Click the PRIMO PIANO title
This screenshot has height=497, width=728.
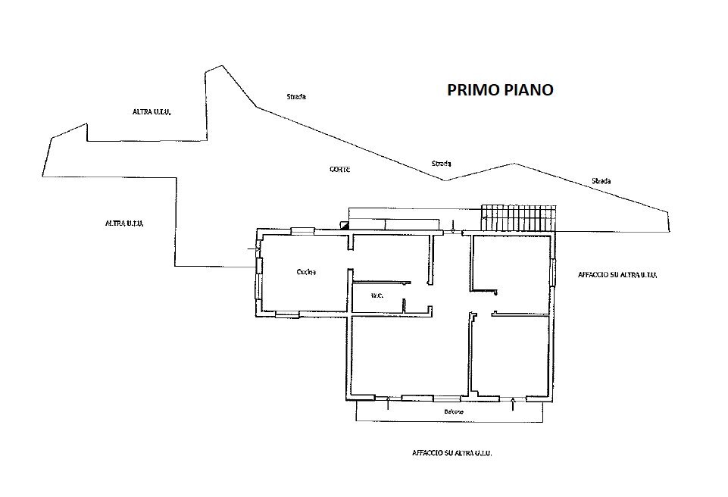coord(500,90)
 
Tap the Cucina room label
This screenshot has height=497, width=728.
coord(306,272)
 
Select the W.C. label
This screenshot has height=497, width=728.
coord(375,295)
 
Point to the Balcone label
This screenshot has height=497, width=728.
coord(455,412)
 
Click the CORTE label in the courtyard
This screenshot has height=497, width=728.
coord(339,170)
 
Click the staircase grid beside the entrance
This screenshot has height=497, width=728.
coord(519,217)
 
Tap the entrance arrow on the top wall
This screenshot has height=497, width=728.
coord(453,227)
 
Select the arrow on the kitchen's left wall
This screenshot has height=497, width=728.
coord(253,248)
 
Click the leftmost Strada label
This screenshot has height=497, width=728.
coord(296,97)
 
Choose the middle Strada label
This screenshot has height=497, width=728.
coord(441,164)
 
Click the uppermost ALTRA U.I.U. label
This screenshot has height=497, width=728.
coord(152,112)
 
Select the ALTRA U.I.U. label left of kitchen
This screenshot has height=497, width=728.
coord(125,223)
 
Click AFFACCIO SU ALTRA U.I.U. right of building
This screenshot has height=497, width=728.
coord(617,275)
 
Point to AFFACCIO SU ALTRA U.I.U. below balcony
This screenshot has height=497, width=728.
coord(452,453)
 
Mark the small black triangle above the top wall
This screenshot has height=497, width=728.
coord(345,224)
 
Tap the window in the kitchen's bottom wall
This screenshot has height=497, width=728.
coord(288,314)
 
